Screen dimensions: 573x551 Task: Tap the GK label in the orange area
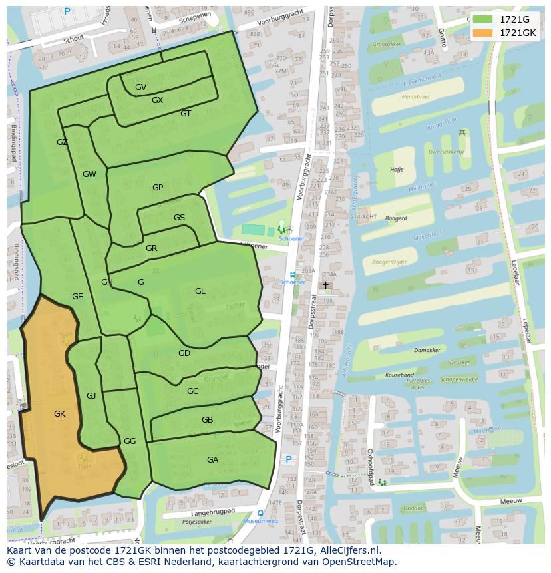59,414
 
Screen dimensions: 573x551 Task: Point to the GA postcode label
212,460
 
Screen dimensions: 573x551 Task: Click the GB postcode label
207,420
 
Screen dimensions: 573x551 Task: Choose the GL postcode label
200,291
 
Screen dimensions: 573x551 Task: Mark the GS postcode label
179,218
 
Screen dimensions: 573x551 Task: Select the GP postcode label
158,188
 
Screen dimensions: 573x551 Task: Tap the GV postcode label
140,87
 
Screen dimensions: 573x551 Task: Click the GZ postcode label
62,142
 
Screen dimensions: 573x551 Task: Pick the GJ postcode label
91,396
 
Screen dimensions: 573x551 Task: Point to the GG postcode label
130,441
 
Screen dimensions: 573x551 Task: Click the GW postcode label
89,174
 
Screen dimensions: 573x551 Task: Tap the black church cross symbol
325,285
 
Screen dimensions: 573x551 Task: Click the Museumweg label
260,522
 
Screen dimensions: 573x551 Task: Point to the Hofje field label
397,170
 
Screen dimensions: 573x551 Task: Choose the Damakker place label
427,350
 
